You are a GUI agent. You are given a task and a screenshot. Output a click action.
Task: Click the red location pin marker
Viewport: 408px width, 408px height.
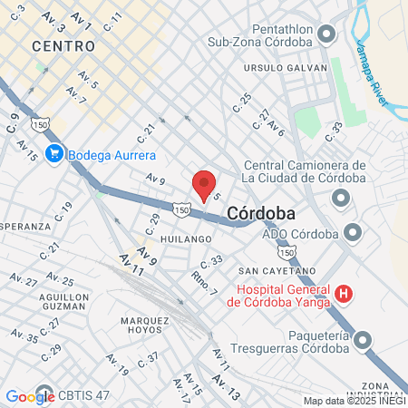pos(205,184)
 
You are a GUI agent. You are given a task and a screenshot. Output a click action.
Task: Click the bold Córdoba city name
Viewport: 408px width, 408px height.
pos(260,212)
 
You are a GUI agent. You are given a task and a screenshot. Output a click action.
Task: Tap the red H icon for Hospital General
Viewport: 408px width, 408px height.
pos(344,293)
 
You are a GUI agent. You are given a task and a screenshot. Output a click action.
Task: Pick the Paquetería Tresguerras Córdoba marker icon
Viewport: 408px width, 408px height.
pos(364,341)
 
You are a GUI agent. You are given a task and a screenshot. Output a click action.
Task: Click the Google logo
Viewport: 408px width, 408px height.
pos(30,396)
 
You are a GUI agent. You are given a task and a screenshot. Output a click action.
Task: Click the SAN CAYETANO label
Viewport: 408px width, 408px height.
pos(277,270)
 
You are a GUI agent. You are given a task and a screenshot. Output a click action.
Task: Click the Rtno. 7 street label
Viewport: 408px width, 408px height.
pos(204,283)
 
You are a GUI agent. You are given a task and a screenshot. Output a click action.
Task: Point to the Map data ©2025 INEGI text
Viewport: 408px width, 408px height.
pos(353,401)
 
